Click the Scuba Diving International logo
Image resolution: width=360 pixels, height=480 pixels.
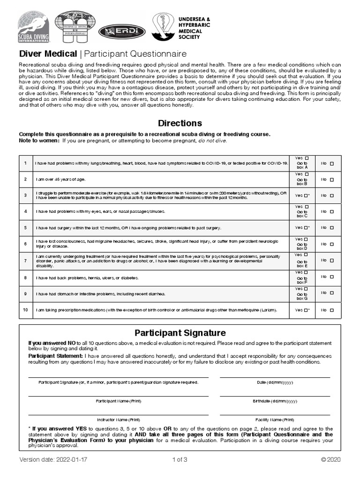pos(33,28)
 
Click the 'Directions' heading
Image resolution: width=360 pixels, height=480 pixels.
pos(180,123)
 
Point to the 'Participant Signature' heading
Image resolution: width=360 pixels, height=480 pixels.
pos(180,333)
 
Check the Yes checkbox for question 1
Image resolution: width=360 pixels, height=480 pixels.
pos(307,158)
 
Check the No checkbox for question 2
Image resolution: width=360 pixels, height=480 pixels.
pos(332,180)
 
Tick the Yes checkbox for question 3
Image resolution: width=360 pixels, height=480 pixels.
pos(305,195)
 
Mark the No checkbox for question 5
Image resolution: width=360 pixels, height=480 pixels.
pos(332,228)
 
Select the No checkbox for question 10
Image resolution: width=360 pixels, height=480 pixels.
pos(332,310)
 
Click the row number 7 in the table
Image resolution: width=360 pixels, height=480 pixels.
pos(26,261)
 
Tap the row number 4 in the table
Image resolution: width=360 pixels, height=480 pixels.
pos(26,211)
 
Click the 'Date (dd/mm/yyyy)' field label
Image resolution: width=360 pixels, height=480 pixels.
pos(275,382)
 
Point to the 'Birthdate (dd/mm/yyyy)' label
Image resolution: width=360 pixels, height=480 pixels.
pos(275,401)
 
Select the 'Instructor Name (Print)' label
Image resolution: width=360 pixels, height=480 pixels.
pos(118,420)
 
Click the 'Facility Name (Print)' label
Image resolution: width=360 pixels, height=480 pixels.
pos(275,420)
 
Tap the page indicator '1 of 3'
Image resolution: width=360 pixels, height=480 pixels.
pos(180,459)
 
